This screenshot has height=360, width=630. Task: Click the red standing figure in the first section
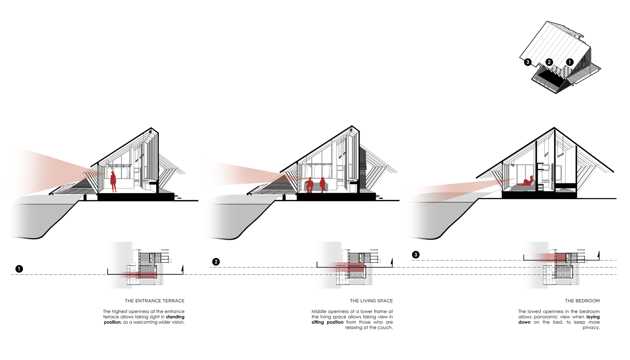pyautogui.click(x=113, y=181)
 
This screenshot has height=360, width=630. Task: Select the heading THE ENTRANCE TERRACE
pyautogui.click(x=155, y=301)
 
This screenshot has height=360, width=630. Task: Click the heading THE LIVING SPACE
pyautogui.click(x=371, y=301)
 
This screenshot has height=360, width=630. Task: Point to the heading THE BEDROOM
pyautogui.click(x=582, y=301)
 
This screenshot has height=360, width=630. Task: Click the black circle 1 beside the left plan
pyautogui.click(x=19, y=269)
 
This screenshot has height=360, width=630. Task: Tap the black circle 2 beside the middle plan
pyautogui.click(x=216, y=262)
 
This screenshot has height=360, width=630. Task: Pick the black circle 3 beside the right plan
pyautogui.click(x=416, y=254)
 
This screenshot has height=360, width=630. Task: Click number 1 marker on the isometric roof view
pyautogui.click(x=569, y=62)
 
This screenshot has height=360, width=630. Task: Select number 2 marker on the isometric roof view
pyautogui.click(x=549, y=62)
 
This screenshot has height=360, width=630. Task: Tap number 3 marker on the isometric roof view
pyautogui.click(x=528, y=62)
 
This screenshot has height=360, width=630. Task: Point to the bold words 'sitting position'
pyautogui.click(x=327, y=322)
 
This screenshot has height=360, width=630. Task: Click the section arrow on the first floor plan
pyautogui.click(x=182, y=269)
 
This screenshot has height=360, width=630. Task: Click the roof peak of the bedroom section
pyautogui.click(x=554, y=128)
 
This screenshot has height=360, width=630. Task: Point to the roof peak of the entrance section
pyautogui.click(x=151, y=128)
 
